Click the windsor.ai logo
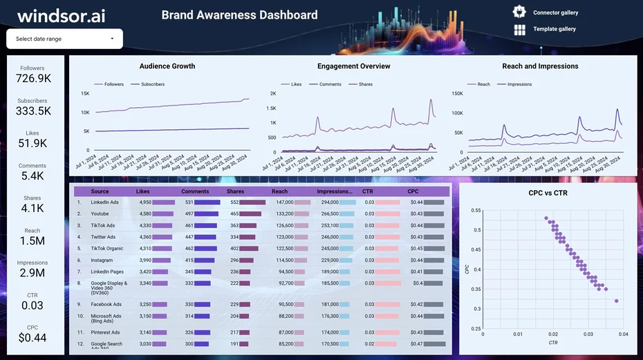click(x=61, y=16)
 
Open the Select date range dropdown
click(x=64, y=39)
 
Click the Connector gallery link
click(x=555, y=12)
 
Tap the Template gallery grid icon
click(x=520, y=29)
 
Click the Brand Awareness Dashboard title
click(x=239, y=15)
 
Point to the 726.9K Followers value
click(x=32, y=79)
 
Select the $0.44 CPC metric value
click(x=32, y=338)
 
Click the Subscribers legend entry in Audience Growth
click(x=152, y=84)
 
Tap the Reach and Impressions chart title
click(x=540, y=66)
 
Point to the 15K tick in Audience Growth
click(x=85, y=93)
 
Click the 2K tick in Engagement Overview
click(x=272, y=93)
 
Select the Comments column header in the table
click(x=195, y=191)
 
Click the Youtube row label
click(x=100, y=214)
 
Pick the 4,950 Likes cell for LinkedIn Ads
click(x=145, y=202)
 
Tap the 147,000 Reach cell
click(x=284, y=202)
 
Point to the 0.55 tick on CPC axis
click(x=476, y=210)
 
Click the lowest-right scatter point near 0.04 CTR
click(x=616, y=301)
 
